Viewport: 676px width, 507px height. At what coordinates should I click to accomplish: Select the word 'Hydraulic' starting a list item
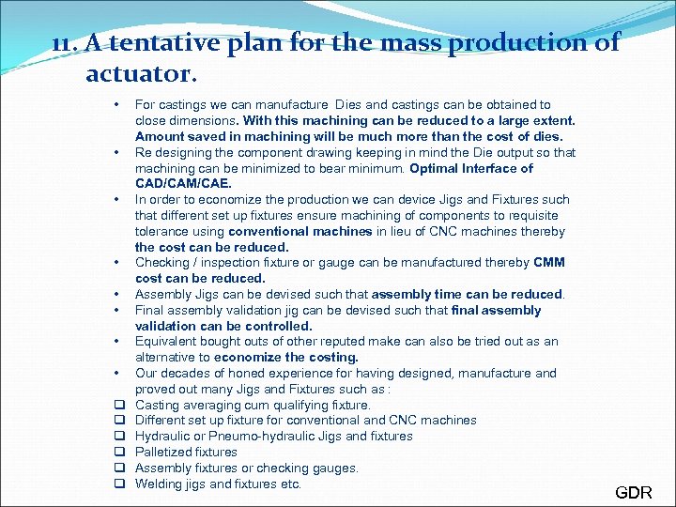pos(162,436)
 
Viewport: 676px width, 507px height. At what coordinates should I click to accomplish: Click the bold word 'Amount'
pos(161,136)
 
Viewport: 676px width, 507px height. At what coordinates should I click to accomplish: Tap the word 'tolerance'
pos(165,231)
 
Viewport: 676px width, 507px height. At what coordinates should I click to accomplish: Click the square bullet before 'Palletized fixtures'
pos(119,452)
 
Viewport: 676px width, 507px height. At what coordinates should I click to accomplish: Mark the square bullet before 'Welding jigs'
pos(119,484)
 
